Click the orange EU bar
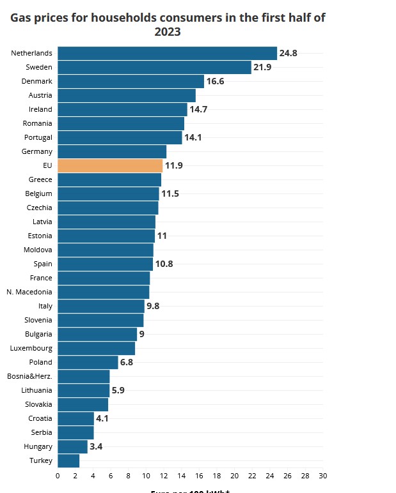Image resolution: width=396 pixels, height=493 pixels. pyautogui.click(x=110, y=165)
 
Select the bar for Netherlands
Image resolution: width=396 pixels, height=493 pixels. pyautogui.click(x=167, y=53)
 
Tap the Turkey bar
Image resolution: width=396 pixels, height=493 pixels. pyautogui.click(x=68, y=460)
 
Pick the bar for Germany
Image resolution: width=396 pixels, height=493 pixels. pyautogui.click(x=112, y=151)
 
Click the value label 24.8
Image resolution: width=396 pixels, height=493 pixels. pyautogui.click(x=289, y=53)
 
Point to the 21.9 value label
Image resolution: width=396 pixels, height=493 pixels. pyautogui.click(x=262, y=67)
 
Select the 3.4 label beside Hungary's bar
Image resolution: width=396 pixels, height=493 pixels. pyautogui.click(x=96, y=446)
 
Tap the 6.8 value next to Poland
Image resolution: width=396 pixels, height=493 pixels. pyautogui.click(x=127, y=362)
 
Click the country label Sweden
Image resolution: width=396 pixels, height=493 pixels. pyautogui.click(x=39, y=67)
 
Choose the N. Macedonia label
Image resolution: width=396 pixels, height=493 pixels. pyautogui.click(x=29, y=292)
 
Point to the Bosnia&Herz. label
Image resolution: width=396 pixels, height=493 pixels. pyautogui.click(x=29, y=376)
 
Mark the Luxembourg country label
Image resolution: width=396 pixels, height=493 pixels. pyautogui.click(x=31, y=348)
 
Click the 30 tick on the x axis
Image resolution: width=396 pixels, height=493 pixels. pyautogui.click(x=323, y=476)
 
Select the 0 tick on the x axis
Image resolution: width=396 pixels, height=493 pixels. pyautogui.click(x=58, y=476)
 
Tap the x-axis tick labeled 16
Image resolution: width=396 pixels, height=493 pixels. pyautogui.click(x=199, y=476)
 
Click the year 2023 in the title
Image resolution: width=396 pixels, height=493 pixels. pyautogui.click(x=168, y=31)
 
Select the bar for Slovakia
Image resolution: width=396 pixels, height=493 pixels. pyautogui.click(x=83, y=404)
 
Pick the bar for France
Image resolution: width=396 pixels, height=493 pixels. pyautogui.click(x=104, y=278)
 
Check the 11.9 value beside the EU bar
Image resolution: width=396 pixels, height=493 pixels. pyautogui.click(x=174, y=165)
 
